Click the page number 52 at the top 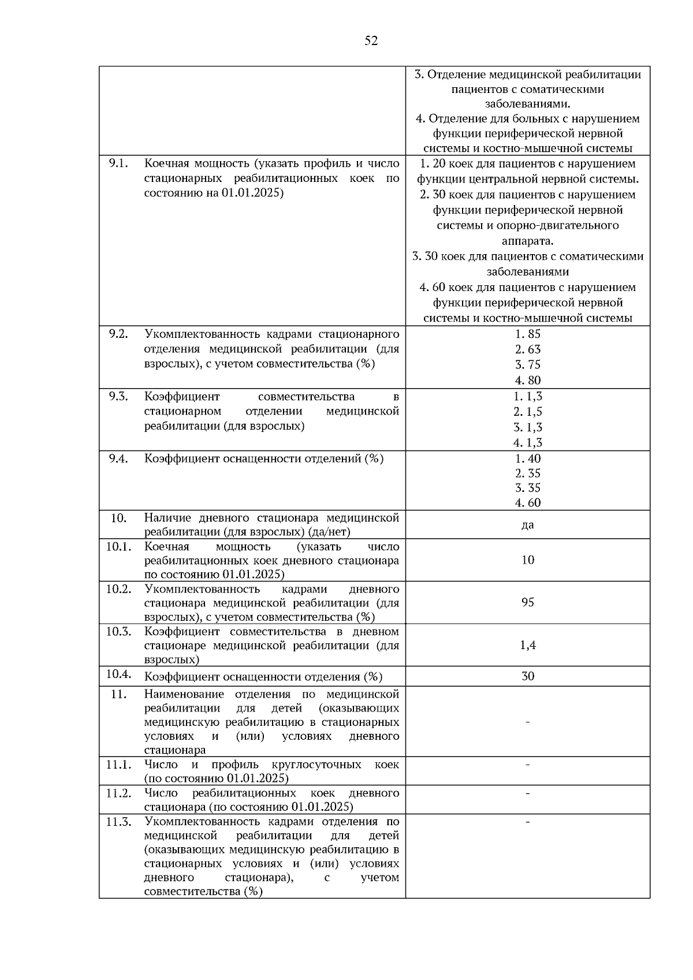[371, 40]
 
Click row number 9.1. [118, 163]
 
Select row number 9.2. [118, 334]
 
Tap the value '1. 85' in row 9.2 [527, 334]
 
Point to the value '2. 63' [527, 349]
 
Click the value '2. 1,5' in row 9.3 [527, 412]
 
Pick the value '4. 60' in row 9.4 [527, 502]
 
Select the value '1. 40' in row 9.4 [527, 458]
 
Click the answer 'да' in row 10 [527, 525]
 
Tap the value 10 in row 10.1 [527, 560]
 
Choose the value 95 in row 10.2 [527, 602]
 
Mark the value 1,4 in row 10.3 [527, 645]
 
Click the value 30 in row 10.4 [527, 676]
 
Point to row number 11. [118, 694]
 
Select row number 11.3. [118, 822]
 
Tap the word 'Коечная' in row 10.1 [166, 546]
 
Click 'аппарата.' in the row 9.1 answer [527, 241]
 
